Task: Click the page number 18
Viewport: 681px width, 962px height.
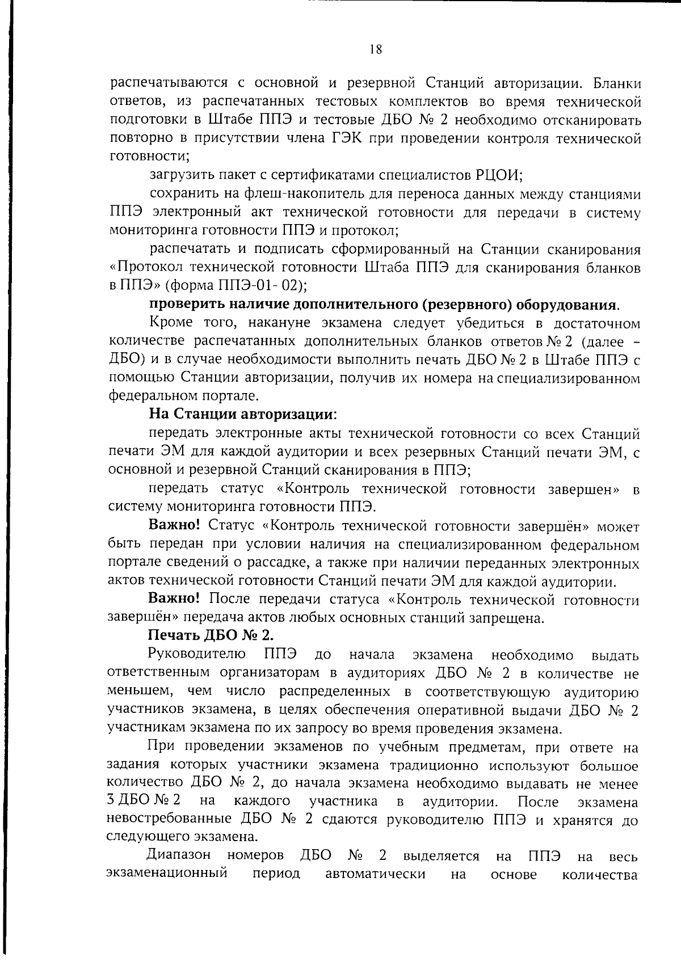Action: point(375,49)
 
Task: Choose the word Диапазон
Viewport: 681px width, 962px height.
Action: point(179,855)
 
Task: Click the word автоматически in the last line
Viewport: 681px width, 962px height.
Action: point(376,874)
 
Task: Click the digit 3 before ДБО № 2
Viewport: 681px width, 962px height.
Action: point(111,801)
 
